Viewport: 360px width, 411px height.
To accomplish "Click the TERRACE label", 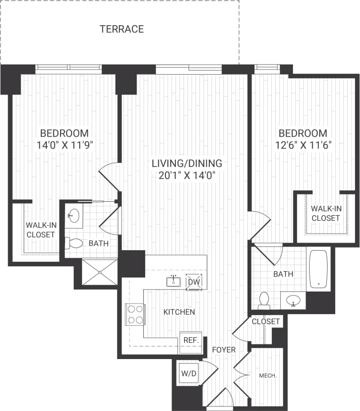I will [122, 29].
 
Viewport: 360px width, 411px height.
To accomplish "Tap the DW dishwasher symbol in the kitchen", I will [194, 281].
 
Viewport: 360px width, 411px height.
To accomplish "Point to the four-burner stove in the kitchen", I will [135, 314].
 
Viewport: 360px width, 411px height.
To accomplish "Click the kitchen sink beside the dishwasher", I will [173, 280].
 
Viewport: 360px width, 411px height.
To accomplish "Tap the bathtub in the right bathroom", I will [319, 269].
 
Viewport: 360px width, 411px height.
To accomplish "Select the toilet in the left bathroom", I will [74, 243].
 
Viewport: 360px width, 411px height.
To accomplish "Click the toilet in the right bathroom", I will [264, 301].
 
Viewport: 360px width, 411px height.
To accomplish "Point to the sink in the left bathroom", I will [74, 216].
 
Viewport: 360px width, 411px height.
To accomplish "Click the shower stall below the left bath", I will [99, 272].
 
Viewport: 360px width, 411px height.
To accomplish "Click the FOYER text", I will [223, 349].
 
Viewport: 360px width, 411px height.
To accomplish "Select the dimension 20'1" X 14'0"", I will [187, 175].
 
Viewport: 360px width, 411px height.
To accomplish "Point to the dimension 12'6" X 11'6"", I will [303, 145].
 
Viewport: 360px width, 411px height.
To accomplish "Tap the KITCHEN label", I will [179, 312].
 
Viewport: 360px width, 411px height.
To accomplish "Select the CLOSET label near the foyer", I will [265, 322].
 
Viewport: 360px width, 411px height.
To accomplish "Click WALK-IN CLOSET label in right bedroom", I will [325, 213].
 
